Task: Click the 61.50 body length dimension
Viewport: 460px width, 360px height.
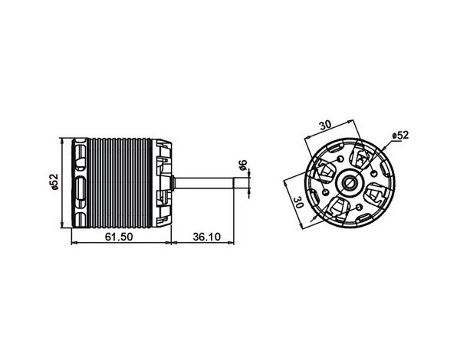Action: (x=119, y=236)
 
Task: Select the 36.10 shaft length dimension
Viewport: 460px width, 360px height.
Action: (x=206, y=236)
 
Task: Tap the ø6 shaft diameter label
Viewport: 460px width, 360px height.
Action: (x=243, y=165)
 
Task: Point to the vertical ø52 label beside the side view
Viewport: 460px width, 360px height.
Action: (x=54, y=182)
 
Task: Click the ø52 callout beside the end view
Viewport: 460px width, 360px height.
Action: (x=400, y=135)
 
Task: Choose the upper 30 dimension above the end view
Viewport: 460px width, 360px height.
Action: (x=325, y=125)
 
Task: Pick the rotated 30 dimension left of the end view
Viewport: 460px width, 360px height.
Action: (x=298, y=202)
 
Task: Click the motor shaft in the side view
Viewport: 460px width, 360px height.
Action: (x=204, y=183)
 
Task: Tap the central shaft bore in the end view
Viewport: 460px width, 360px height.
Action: (x=350, y=182)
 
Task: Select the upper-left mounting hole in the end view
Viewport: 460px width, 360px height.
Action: (x=340, y=159)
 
